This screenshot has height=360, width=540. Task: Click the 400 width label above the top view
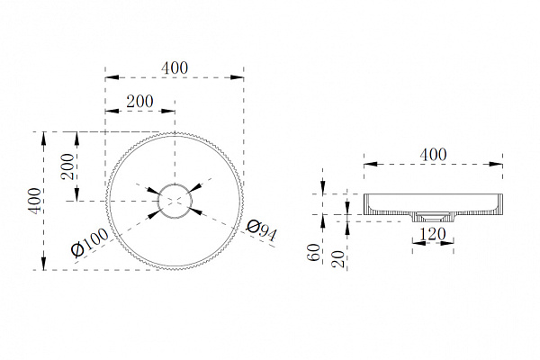(175, 67)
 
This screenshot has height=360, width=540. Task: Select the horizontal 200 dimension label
(139, 102)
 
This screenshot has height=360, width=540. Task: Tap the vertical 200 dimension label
(67, 166)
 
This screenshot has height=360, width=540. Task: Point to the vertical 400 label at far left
(34, 201)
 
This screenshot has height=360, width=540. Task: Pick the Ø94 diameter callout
(261, 230)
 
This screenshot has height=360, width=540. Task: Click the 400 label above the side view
(433, 155)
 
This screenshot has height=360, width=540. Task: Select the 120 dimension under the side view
(433, 234)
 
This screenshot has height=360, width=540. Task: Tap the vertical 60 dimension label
(313, 253)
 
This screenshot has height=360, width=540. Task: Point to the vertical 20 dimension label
(338, 259)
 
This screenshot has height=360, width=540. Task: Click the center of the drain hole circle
(175, 201)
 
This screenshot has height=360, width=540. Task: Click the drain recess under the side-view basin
(433, 218)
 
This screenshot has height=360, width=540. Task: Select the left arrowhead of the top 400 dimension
(112, 77)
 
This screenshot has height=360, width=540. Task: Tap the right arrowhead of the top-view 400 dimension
(237, 77)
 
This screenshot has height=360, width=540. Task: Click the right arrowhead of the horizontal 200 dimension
(168, 111)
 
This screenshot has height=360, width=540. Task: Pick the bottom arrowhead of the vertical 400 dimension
(43, 263)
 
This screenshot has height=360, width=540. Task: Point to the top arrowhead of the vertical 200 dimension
(77, 139)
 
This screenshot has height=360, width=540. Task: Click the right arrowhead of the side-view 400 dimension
(496, 165)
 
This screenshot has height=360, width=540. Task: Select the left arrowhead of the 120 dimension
(418, 243)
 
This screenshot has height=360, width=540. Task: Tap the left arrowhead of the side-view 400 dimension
(371, 165)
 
